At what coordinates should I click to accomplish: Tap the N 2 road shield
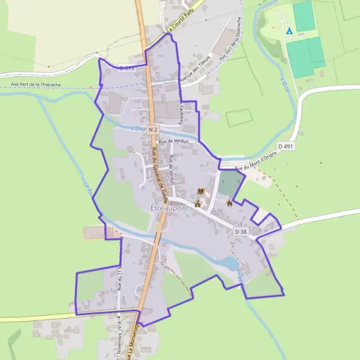click(x=152, y=129)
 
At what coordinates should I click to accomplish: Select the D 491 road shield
click(x=285, y=146)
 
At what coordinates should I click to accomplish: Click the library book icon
click(x=201, y=192)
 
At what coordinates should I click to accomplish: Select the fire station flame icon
click(x=229, y=203)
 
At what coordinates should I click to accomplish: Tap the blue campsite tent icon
click(x=289, y=30)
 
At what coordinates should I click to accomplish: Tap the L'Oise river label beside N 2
click(x=139, y=128)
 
